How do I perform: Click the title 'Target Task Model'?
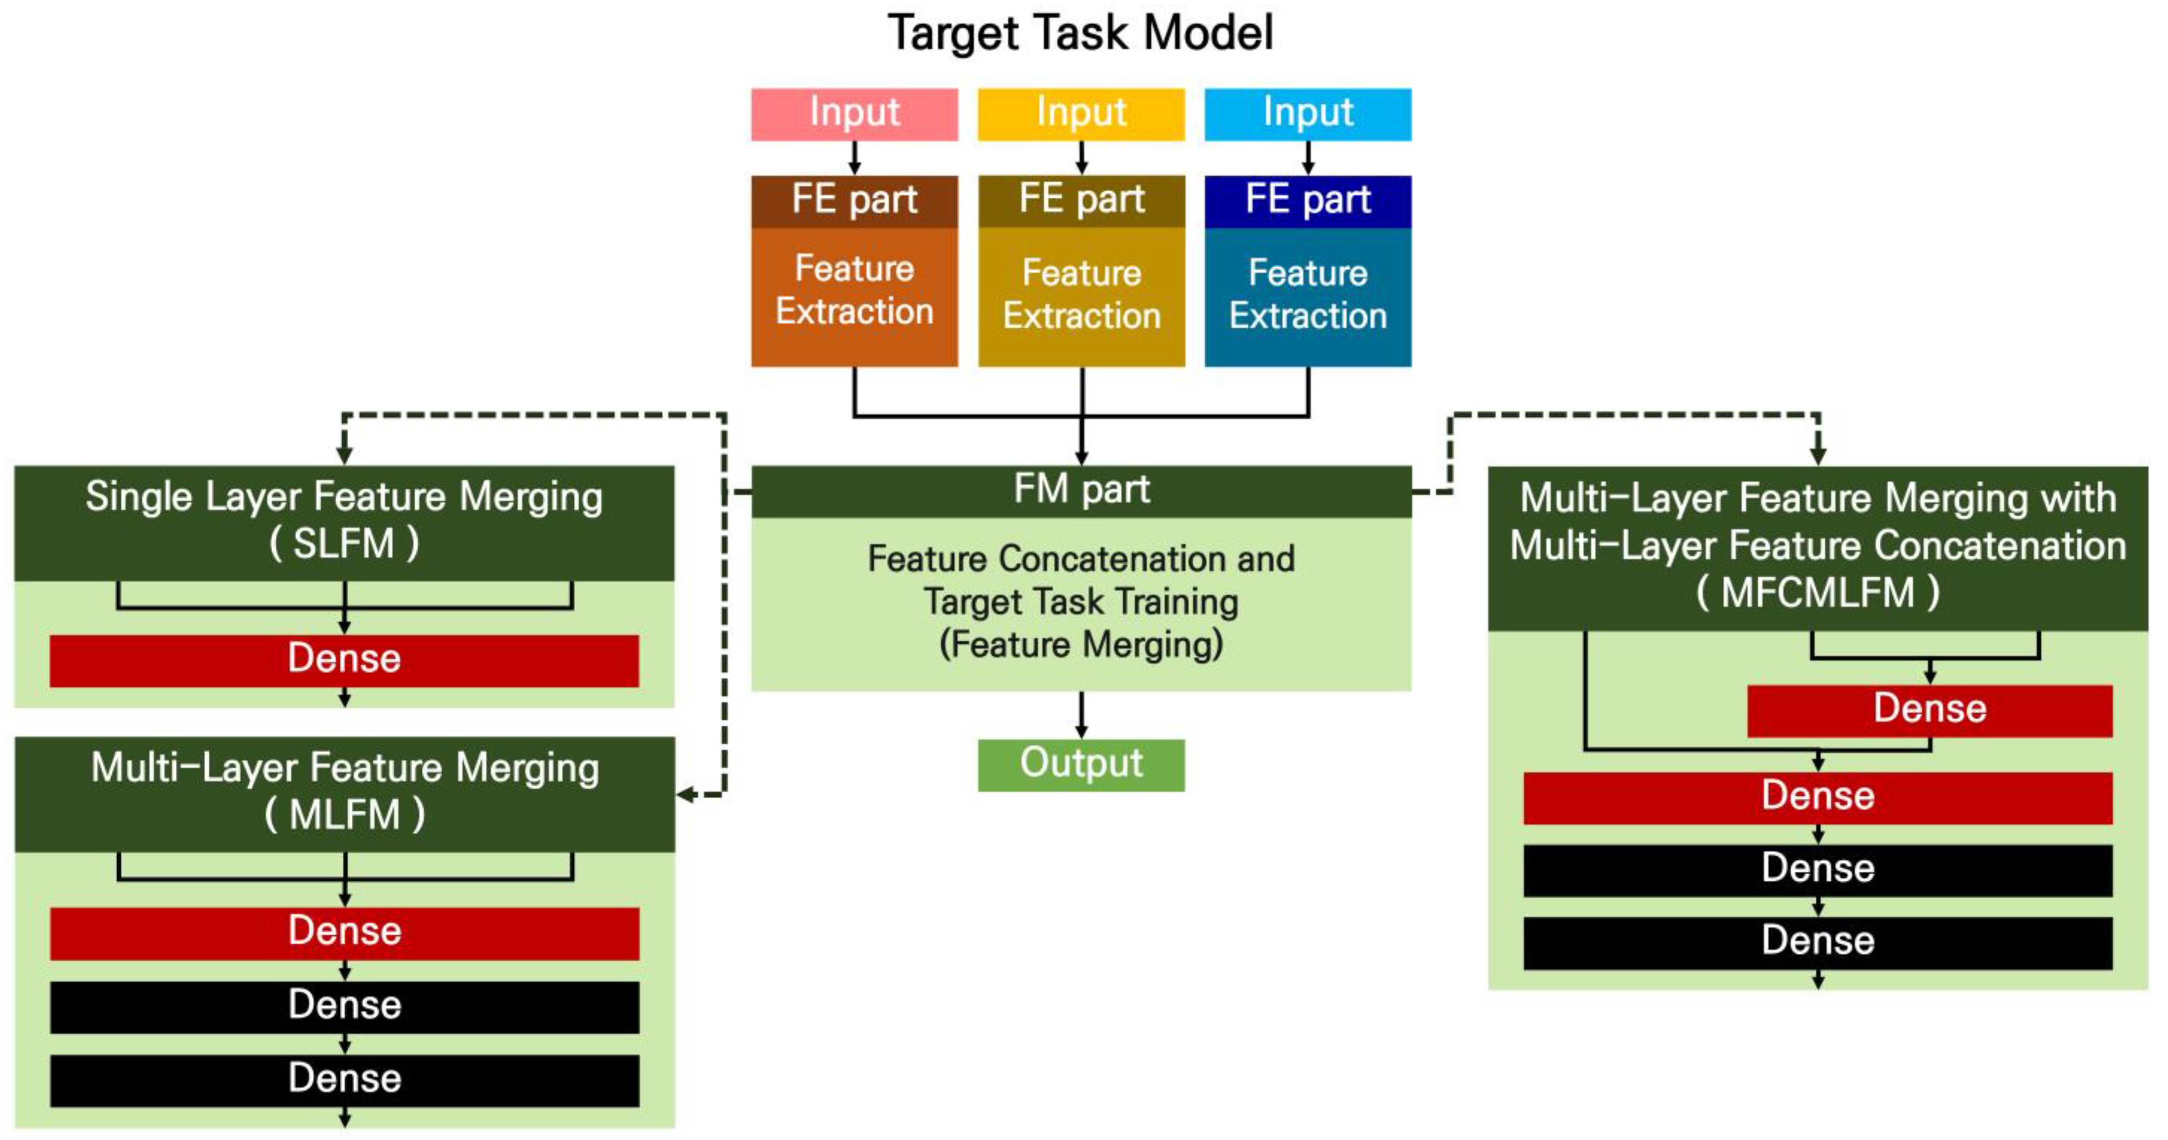pyautogui.click(x=1081, y=34)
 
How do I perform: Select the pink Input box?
pyautogui.click(x=854, y=114)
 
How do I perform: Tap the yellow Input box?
pyautogui.click(x=1081, y=114)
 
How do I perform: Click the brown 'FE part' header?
pyautogui.click(x=854, y=200)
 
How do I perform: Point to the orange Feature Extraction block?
pyautogui.click(x=854, y=295)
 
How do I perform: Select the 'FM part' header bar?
pyautogui.click(x=1081, y=490)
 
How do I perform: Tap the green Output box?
pyautogui.click(x=1081, y=764)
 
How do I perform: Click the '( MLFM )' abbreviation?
pyautogui.click(x=344, y=815)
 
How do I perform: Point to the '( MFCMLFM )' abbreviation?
pyautogui.click(x=1818, y=592)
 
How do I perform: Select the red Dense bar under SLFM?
pyautogui.click(x=344, y=660)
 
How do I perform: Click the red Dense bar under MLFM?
pyautogui.click(x=344, y=932)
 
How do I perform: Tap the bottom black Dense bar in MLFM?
pyautogui.click(x=344, y=1079)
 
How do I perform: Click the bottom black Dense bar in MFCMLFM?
pyautogui.click(x=1818, y=941)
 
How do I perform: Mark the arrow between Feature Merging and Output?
pyautogui.click(x=1081, y=715)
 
